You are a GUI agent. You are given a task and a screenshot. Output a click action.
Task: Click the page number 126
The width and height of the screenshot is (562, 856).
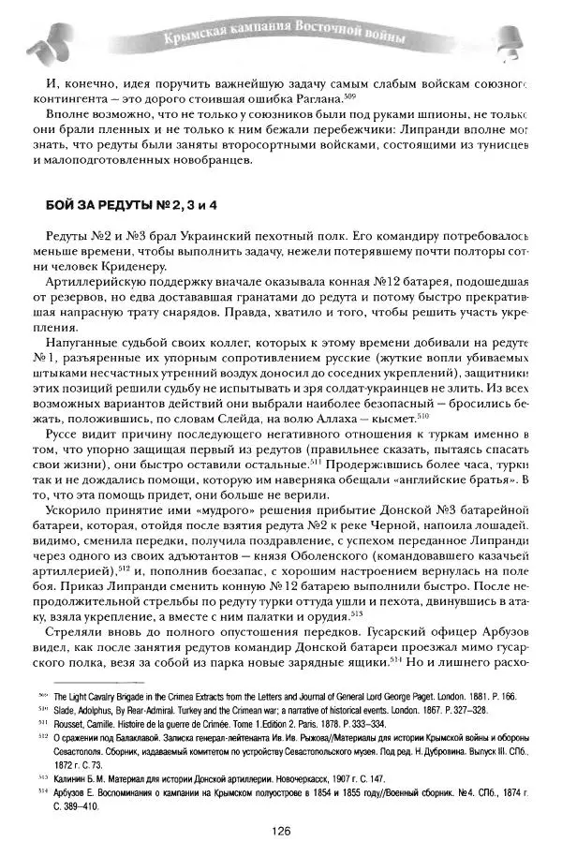[281, 831]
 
